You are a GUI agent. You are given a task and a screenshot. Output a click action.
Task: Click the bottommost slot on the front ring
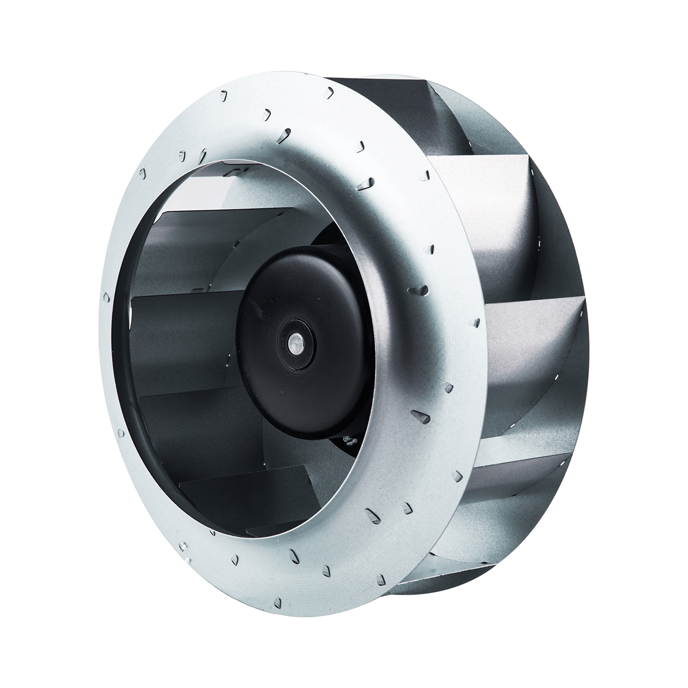(278, 602)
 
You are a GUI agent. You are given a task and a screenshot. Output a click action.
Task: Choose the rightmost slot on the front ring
(476, 322)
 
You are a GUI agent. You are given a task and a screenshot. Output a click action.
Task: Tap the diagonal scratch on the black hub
(257, 309)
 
